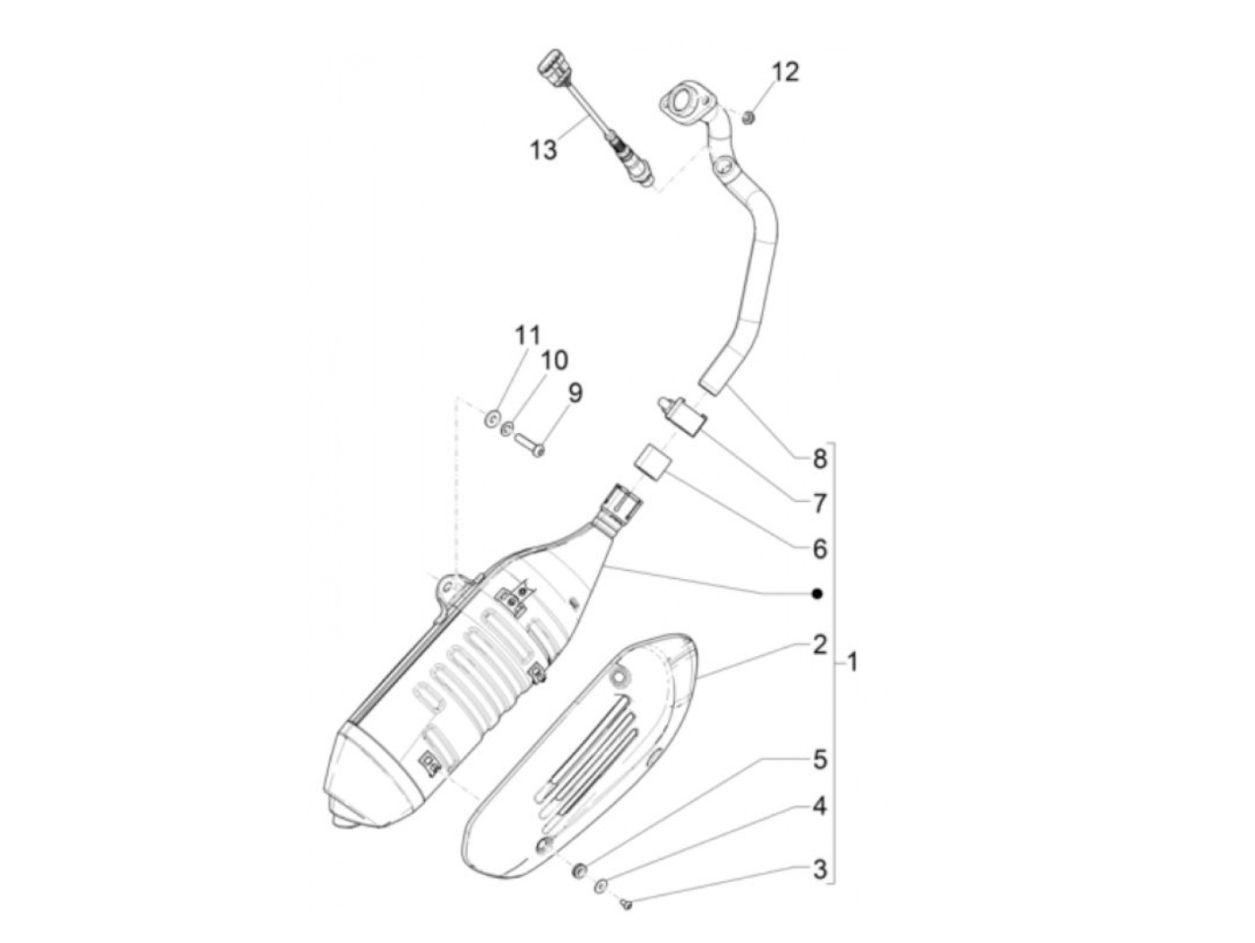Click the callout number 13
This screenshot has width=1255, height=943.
543,150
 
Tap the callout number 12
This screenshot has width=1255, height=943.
784,72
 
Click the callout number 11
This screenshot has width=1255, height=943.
527,336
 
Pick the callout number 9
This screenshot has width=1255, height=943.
575,393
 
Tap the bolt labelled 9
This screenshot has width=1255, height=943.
529,444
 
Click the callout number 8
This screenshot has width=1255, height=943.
819,460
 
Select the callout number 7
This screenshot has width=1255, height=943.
819,504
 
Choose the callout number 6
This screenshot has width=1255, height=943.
819,549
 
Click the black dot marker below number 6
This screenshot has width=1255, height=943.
817,593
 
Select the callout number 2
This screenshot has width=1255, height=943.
819,645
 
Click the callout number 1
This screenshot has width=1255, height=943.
853,663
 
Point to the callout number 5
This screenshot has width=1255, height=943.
819,760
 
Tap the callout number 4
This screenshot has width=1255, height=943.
819,807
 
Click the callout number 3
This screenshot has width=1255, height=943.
819,869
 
